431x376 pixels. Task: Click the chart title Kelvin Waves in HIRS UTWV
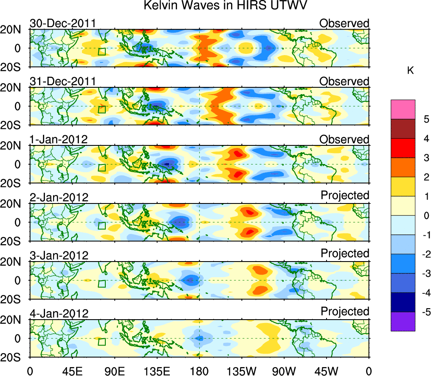[x=225, y=6]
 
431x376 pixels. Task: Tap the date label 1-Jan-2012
[x=59, y=139]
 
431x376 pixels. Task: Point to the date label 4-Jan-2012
[x=59, y=314]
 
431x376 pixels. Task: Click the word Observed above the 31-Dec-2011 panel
[x=344, y=81]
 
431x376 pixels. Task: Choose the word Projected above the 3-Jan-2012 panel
[x=345, y=253]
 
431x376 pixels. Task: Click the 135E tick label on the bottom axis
[x=156, y=370]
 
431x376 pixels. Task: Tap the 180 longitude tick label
[x=199, y=370]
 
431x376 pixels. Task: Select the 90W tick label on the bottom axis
[x=284, y=370]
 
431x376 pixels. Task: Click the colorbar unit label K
[x=410, y=71]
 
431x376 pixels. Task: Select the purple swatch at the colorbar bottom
[x=403, y=321]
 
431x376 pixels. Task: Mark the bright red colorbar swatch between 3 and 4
[x=403, y=148]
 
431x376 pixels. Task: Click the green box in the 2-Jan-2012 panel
[x=101, y=226]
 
